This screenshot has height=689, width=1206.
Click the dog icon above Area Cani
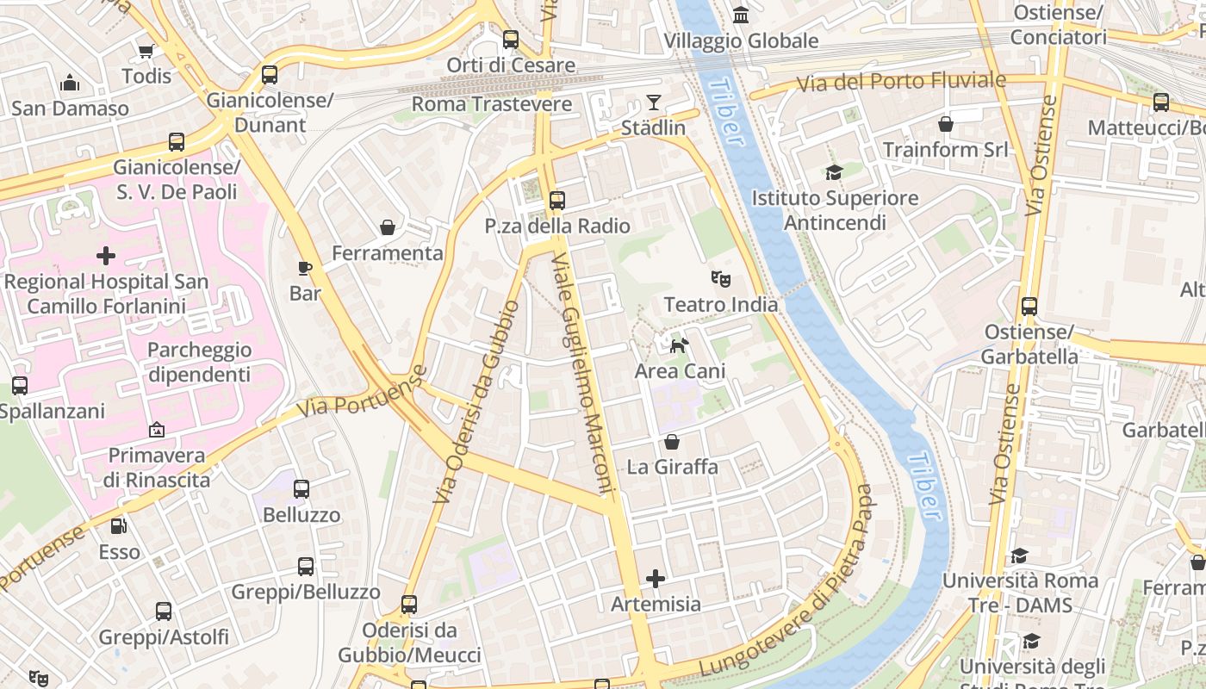(x=680, y=345)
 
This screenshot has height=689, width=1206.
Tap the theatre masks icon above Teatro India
(x=720, y=279)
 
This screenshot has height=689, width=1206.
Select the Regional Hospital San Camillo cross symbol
(x=106, y=256)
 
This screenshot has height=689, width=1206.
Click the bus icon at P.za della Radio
(x=557, y=201)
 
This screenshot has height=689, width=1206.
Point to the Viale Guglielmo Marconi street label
(x=584, y=375)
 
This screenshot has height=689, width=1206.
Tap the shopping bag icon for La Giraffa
(x=672, y=442)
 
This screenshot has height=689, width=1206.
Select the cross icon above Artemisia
(x=656, y=578)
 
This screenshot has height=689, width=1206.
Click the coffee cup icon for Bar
(x=304, y=268)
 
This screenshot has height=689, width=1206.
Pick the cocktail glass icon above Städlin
(x=654, y=102)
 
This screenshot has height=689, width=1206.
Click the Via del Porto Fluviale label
(x=900, y=83)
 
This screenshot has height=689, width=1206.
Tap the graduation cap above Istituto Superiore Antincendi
(x=833, y=172)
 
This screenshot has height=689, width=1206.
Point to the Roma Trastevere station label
(x=491, y=104)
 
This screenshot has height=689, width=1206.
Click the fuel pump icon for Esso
(x=119, y=525)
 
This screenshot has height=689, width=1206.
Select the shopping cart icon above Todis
(x=146, y=51)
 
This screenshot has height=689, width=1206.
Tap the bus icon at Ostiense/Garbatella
(x=1029, y=306)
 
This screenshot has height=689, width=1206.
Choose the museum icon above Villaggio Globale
(x=740, y=15)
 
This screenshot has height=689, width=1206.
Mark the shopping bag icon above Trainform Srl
(x=946, y=124)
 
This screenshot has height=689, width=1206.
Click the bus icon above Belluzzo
(x=301, y=489)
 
